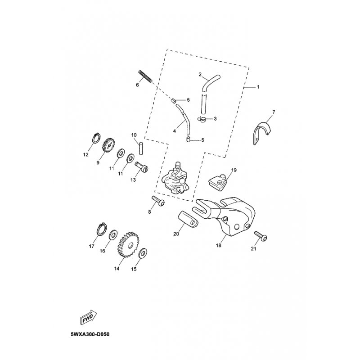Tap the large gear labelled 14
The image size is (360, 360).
(128, 247)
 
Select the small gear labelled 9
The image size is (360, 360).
(107, 145)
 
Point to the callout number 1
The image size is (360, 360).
(258, 85)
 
